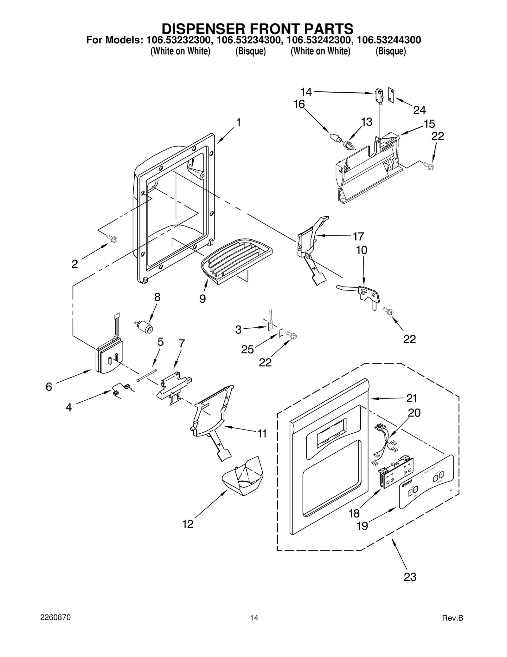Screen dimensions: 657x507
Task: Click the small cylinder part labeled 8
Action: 145,326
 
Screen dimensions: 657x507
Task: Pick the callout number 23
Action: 410,577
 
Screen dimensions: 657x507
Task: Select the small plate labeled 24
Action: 391,95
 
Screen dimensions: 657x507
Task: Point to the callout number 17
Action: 358,236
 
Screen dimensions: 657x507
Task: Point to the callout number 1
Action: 238,122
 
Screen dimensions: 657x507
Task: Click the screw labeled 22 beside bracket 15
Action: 429,165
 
